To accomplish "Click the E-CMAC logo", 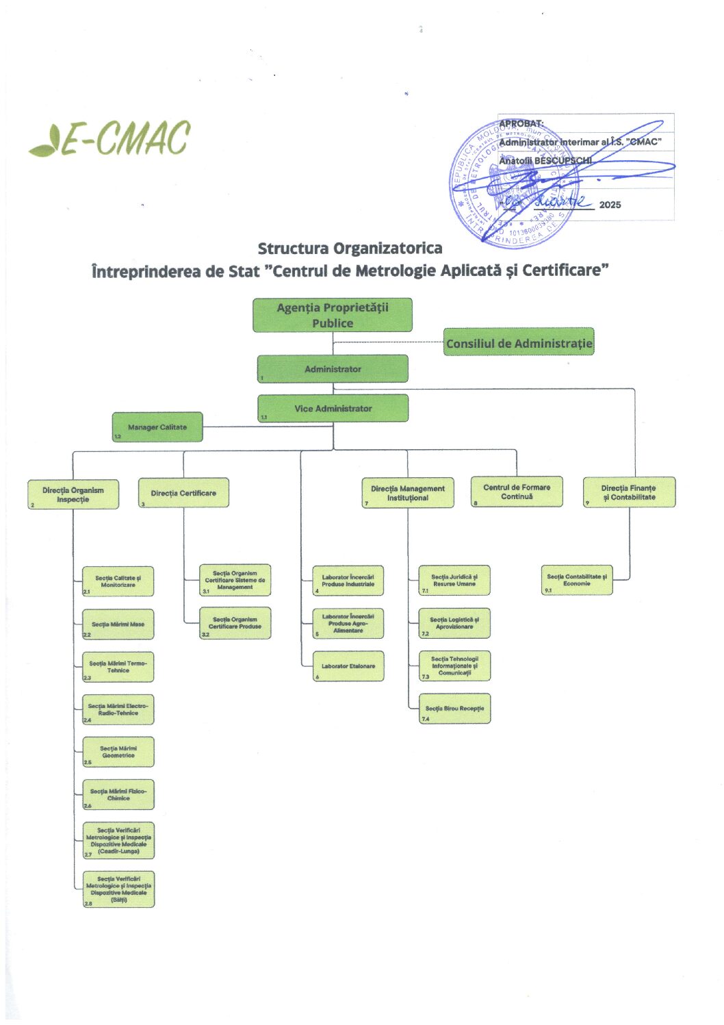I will [x=110, y=139].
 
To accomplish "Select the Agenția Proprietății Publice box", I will [x=333, y=315].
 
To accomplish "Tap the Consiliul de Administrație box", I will [x=519, y=342].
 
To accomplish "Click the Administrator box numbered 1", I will [x=333, y=368].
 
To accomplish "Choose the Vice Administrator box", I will [x=333, y=408].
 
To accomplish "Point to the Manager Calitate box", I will [x=157, y=427].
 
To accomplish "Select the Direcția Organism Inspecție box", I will [x=73, y=494].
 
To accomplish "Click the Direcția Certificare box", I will [x=183, y=493].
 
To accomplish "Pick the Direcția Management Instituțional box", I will [x=408, y=493].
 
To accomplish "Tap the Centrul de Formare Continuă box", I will [x=517, y=492].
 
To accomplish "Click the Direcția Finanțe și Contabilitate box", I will [x=629, y=492].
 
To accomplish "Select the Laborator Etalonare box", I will [x=348, y=666].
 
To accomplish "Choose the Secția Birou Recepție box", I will [x=454, y=709].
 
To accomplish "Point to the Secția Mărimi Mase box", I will [x=118, y=624].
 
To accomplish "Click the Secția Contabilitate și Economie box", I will [x=577, y=580].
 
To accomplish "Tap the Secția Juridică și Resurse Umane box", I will [x=454, y=580].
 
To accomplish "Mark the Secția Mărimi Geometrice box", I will [x=118, y=752].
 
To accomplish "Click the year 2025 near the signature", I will [x=610, y=205].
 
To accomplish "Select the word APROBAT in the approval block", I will [x=521, y=124].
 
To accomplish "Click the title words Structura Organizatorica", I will [x=350, y=248].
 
